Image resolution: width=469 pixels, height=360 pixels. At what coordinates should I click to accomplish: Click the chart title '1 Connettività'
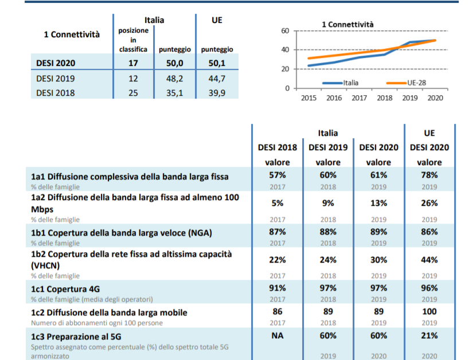pos(347,25)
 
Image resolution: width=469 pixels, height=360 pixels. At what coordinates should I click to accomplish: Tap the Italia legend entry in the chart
pos(341,83)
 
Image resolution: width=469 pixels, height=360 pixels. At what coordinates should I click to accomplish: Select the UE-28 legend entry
pos(406,83)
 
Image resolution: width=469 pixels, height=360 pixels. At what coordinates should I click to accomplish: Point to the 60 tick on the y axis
pos(285,31)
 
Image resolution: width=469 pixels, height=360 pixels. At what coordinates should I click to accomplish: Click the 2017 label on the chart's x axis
pos(359,98)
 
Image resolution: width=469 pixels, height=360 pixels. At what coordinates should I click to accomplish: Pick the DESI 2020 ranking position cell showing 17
pos(133,63)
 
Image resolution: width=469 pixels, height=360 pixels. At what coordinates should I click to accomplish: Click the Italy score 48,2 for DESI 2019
pos(175,79)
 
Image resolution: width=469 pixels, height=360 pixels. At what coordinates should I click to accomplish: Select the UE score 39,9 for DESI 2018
pos(217,93)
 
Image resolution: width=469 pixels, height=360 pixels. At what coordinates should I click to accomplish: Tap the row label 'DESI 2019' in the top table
pos(56,79)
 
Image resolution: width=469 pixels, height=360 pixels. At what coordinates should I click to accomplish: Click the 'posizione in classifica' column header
pos(134,40)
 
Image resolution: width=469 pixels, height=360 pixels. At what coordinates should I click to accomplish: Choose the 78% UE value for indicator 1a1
pos(429,175)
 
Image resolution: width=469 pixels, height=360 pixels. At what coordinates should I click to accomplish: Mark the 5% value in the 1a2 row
pos(278,204)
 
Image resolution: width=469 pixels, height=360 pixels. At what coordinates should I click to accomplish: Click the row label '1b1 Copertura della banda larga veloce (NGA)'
pos(122,233)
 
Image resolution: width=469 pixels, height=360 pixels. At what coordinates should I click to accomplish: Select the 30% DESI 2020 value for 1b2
pos(378,260)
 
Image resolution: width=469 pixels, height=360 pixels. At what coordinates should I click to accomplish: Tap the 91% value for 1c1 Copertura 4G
pos(278,288)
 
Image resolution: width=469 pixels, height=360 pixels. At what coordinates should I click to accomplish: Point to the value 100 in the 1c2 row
pos(429,312)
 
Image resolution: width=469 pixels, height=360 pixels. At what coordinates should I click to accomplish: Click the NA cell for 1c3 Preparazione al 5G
pos(278,336)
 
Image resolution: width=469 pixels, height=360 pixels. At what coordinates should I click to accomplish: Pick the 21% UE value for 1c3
pos(429,336)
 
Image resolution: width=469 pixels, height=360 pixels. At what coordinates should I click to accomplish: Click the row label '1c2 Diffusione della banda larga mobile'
pos(109,313)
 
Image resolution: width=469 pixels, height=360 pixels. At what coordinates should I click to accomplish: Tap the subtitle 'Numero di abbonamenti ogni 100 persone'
pos(97,323)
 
